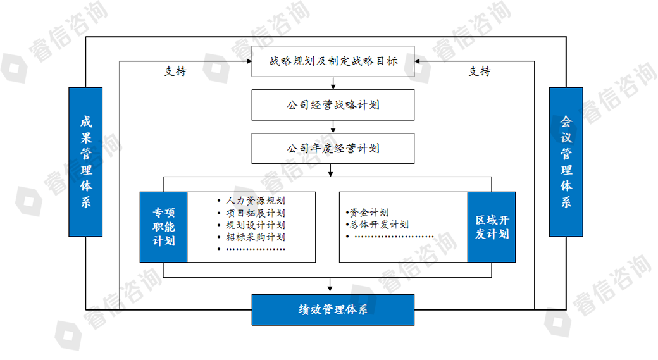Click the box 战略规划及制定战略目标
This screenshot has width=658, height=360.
point(333,61)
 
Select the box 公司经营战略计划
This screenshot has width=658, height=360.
point(333,105)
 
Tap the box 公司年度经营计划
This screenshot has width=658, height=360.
point(333,149)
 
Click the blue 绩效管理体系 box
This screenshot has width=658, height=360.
point(333,309)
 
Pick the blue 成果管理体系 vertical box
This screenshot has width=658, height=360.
point(85,162)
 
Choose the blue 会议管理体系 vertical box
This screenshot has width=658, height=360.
point(566,162)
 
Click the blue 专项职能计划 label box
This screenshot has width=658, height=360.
point(163,227)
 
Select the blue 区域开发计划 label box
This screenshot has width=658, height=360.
point(492,227)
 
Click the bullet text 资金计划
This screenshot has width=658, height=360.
point(368,213)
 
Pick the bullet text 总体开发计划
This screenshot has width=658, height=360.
point(378,225)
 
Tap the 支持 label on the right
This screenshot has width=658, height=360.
point(480,71)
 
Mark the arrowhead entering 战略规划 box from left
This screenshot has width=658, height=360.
point(248,61)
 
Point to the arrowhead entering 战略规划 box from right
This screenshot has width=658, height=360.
point(419,61)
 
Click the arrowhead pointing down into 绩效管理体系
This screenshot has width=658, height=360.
point(330,290)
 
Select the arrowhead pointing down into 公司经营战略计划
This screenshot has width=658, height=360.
point(333,86)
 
